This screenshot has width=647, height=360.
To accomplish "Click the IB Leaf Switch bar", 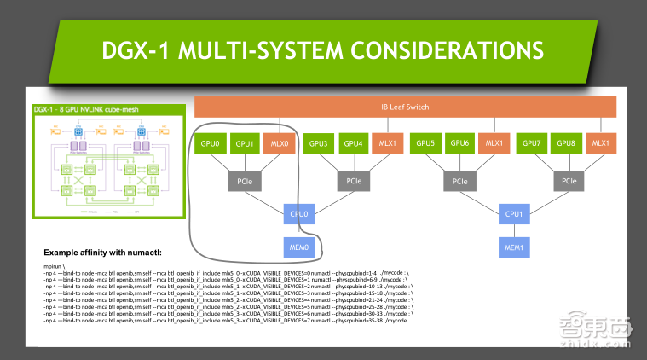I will point(405,107).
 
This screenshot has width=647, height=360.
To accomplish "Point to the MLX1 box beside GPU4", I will point(388,144).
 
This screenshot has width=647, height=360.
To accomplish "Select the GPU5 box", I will point(426,144).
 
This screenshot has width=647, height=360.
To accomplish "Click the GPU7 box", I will point(533,144).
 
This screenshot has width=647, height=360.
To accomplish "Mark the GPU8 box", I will point(568,144).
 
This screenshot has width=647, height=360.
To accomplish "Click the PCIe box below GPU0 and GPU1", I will point(245,181).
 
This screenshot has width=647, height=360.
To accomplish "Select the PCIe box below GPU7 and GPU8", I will point(567,181).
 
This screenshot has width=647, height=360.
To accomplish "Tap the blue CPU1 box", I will point(514,214).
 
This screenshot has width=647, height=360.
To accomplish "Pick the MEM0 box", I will point(299,247).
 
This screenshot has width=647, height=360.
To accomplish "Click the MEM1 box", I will point(514,247).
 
